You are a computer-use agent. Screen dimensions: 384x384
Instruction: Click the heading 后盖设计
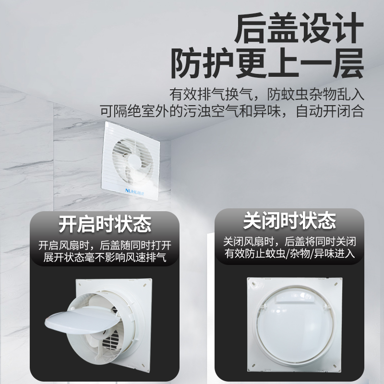click(296, 29)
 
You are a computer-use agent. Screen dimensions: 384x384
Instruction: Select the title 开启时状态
click(105, 224)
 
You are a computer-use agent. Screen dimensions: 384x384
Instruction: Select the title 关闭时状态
click(289, 221)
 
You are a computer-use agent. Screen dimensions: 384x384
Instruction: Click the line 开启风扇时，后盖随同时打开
click(105, 245)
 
